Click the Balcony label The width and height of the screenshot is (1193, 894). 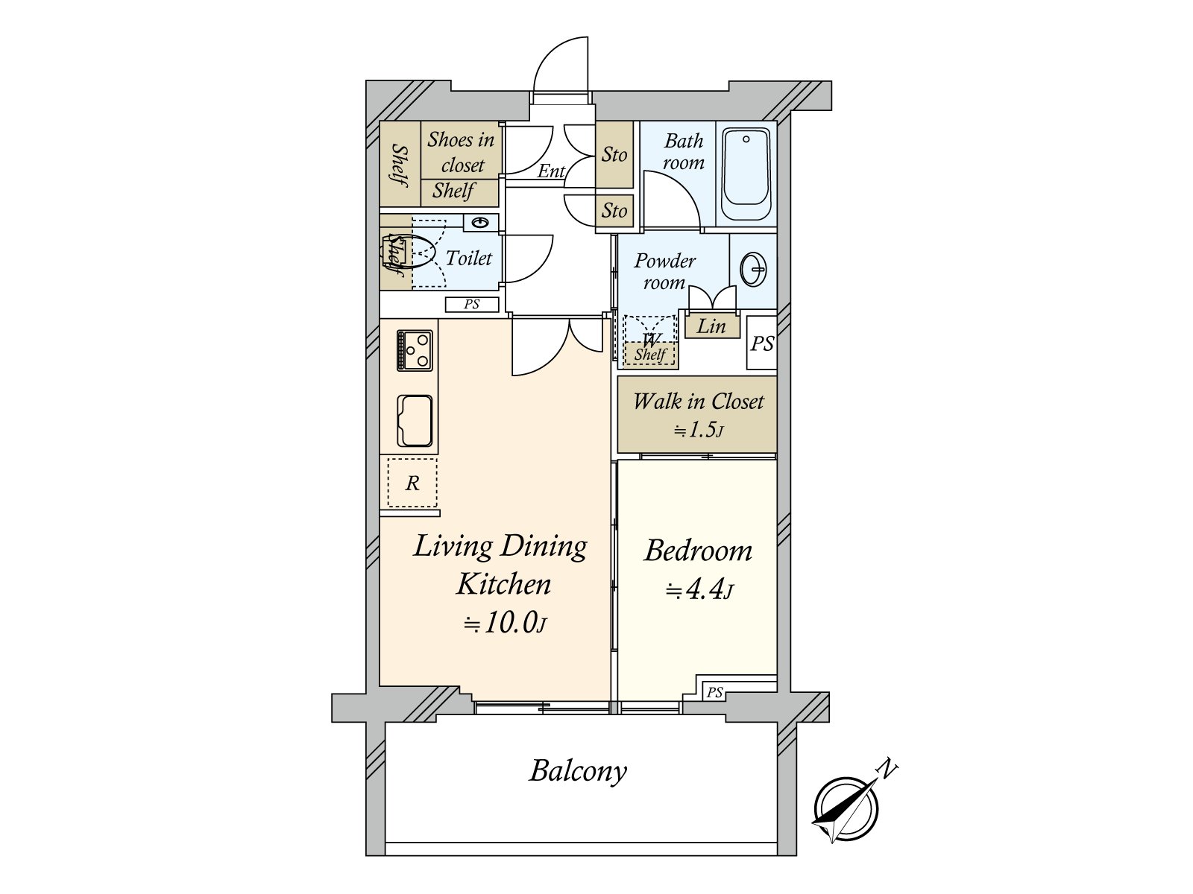click(578, 771)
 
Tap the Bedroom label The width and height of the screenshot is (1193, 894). click(699, 551)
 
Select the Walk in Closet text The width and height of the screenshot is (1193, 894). click(699, 402)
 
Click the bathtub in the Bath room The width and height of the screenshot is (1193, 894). click(746, 174)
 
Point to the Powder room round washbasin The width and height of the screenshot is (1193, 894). click(753, 269)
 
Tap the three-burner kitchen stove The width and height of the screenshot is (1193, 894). click(415, 351)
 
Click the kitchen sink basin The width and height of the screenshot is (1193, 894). click(415, 421)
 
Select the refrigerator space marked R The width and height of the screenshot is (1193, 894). click(412, 483)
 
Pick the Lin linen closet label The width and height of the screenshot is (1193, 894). click(711, 326)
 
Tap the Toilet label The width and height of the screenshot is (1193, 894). click(468, 259)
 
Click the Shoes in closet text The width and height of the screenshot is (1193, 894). click(461, 152)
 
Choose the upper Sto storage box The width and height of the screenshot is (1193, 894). click(614, 155)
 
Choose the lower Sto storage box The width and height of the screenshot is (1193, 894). click(614, 211)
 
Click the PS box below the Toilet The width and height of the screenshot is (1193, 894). click(472, 305)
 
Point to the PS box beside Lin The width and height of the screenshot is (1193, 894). click(761, 343)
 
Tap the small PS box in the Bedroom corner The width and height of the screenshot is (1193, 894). click(714, 692)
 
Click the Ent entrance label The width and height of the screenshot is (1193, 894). click(551, 171)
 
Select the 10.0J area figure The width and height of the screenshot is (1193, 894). click(504, 623)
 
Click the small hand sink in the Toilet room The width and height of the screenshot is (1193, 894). click(480, 223)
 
